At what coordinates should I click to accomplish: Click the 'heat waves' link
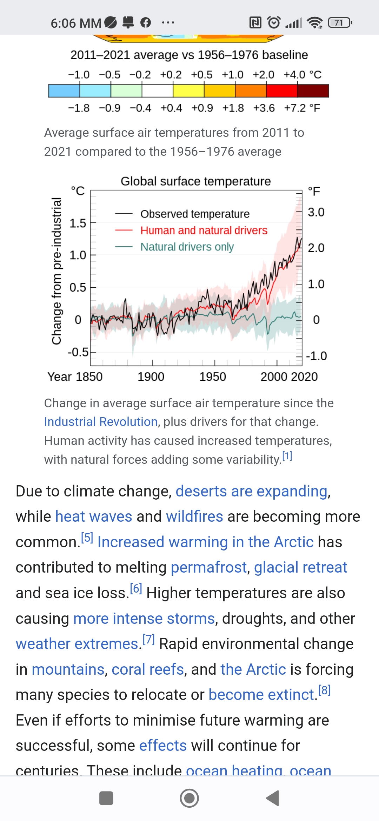click(94, 516)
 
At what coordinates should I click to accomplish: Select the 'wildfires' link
click(194, 516)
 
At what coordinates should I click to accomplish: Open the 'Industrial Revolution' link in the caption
click(101, 422)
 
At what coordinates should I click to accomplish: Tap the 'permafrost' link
click(209, 567)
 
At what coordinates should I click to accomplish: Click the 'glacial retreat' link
click(300, 567)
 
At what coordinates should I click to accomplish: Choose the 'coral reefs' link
click(148, 669)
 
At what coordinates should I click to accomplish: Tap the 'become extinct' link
click(261, 695)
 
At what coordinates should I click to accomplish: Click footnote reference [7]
click(148, 640)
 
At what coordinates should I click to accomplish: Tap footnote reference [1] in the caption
click(287, 456)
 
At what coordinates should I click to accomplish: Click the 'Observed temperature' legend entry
click(195, 214)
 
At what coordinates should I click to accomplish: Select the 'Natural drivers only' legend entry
click(187, 247)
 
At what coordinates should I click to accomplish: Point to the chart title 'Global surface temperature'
click(195, 181)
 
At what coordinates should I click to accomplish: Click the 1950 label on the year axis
click(213, 377)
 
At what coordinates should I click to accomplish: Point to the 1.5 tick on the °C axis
click(78, 223)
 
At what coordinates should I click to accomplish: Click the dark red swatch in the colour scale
click(313, 91)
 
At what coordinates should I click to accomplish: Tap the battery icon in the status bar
click(339, 23)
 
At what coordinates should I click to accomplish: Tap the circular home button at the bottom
click(189, 798)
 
